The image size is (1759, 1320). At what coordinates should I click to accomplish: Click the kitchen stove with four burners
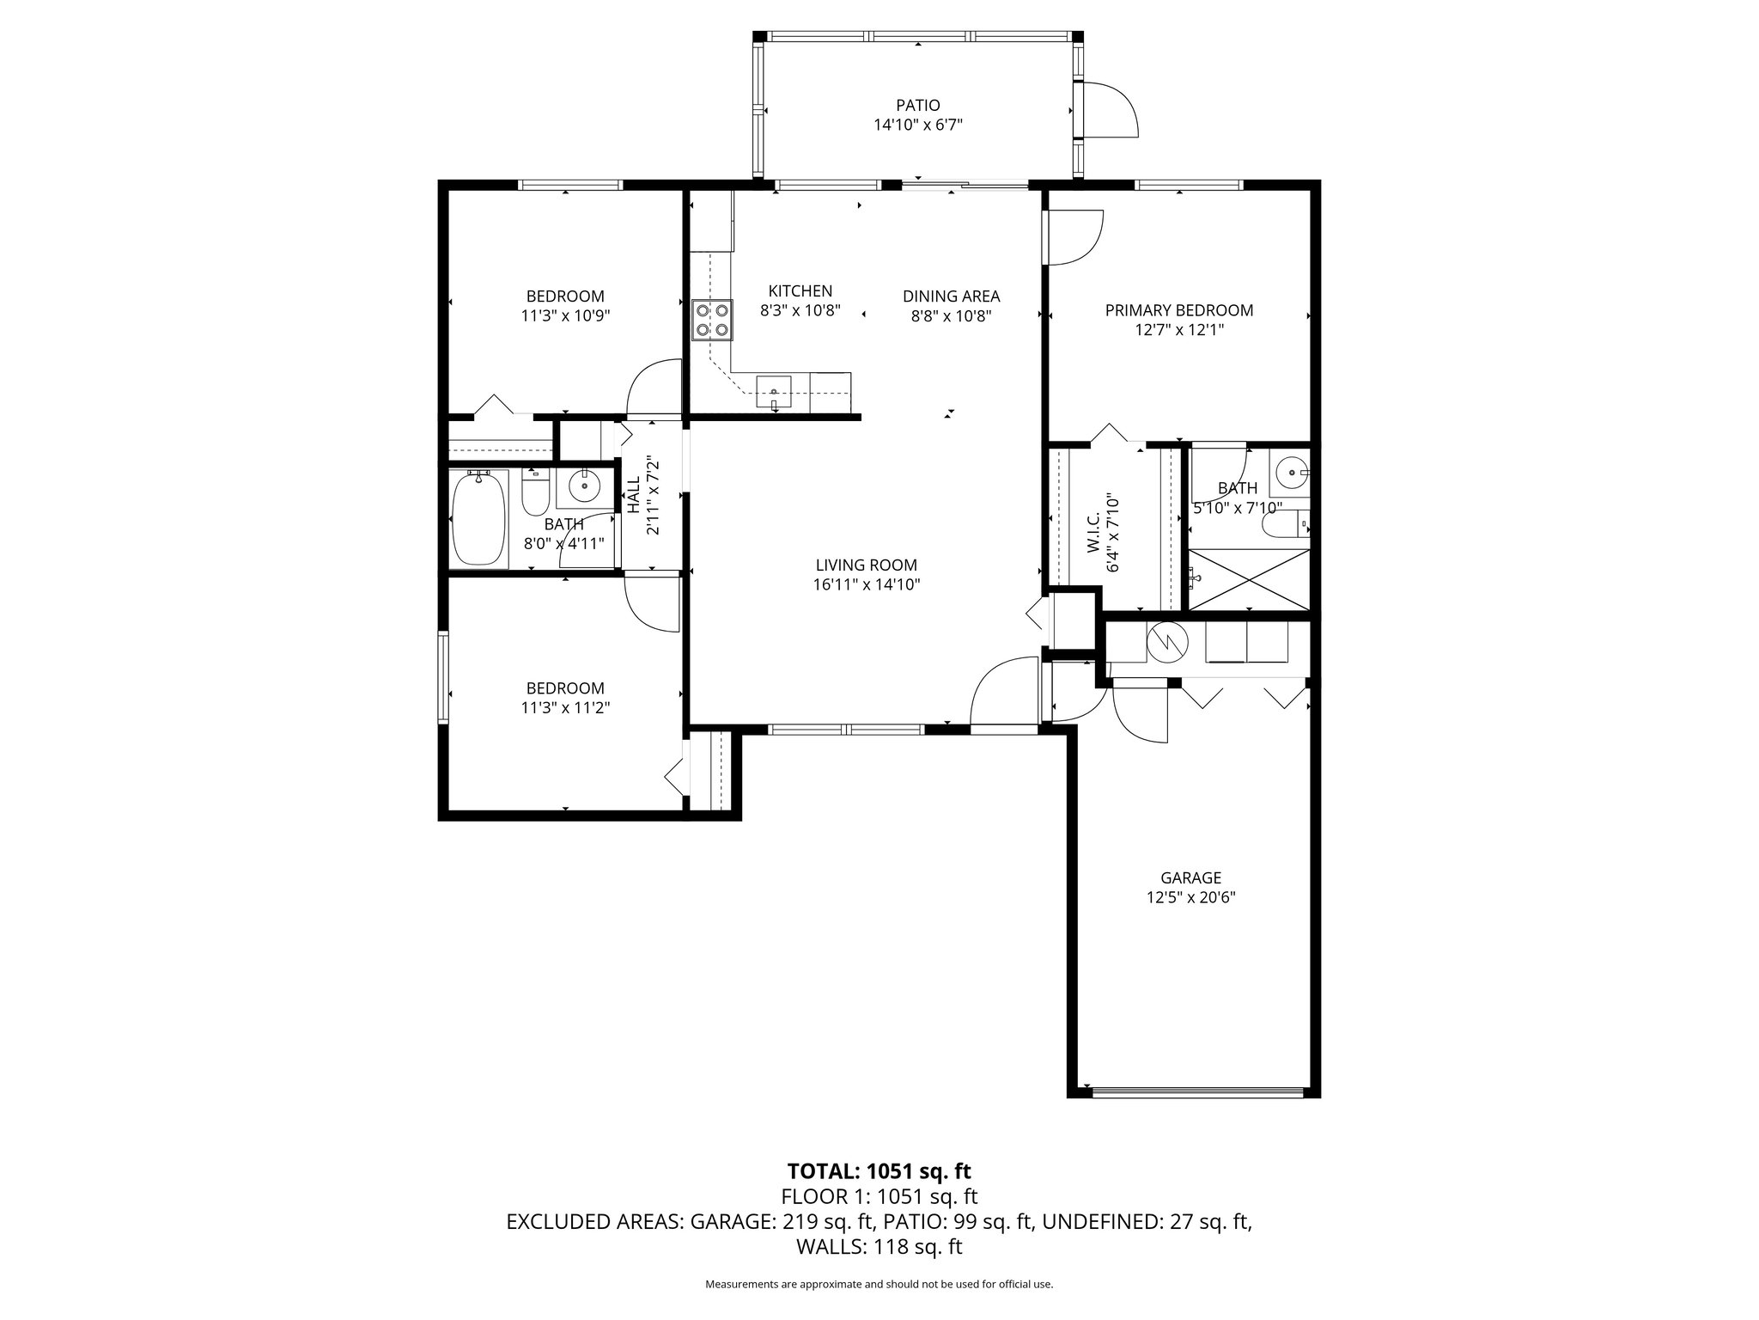712,319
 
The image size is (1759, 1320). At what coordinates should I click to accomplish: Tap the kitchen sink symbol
775,392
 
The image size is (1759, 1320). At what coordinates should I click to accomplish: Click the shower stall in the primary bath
1250,579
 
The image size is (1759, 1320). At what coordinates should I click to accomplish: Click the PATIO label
918,105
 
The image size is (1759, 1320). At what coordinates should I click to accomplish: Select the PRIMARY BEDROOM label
1178,310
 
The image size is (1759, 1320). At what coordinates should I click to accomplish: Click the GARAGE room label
1190,877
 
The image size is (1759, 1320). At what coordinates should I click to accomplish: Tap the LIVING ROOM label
867,565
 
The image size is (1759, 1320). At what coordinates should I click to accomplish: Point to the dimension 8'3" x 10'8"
800,310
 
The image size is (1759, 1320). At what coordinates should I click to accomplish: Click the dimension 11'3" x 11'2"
565,707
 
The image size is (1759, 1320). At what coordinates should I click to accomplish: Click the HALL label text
633,495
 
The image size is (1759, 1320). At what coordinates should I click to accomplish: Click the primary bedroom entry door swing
1073,237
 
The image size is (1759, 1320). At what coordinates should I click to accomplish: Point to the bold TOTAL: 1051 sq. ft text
879,1170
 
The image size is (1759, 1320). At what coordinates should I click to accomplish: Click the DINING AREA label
951,296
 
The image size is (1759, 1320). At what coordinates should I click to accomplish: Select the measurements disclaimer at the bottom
879,1284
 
